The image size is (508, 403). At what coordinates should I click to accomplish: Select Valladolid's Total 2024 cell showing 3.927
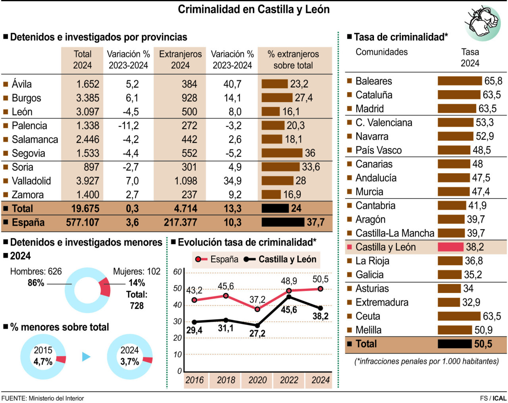pyautogui.click(x=87, y=181)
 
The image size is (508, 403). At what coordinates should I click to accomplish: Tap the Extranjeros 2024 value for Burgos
pyautogui.click(x=189, y=98)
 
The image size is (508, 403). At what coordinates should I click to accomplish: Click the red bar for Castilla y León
pyautogui.click(x=450, y=247)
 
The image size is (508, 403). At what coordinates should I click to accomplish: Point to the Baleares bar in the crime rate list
pyautogui.click(x=460, y=81)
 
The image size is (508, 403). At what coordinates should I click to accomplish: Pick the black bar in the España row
pyautogui.click(x=283, y=222)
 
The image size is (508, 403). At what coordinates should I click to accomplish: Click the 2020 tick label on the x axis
pyautogui.click(x=257, y=380)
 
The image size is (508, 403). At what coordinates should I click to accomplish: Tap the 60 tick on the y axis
pyautogui.click(x=177, y=272)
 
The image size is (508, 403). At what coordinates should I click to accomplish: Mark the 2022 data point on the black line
pyautogui.click(x=289, y=297)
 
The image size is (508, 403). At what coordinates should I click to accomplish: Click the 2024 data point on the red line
pyautogui.click(x=320, y=289)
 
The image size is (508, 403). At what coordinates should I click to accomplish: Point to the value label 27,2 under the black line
pyautogui.click(x=257, y=334)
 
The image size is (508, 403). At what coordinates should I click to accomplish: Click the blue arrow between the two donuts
pyautogui.click(x=86, y=357)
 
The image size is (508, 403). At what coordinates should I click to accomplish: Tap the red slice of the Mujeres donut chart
pyautogui.click(x=105, y=287)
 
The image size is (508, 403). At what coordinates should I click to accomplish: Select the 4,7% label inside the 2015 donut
pyautogui.click(x=43, y=362)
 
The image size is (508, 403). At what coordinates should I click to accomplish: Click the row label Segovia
pyautogui.click(x=28, y=153)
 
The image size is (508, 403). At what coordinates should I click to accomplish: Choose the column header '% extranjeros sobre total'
pyautogui.click(x=293, y=60)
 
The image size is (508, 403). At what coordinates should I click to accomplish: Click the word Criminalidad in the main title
pyautogui.click(x=209, y=10)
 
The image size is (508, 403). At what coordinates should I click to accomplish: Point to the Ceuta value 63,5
pyautogui.click(x=492, y=316)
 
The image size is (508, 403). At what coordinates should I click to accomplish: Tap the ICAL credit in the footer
pyautogui.click(x=499, y=398)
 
